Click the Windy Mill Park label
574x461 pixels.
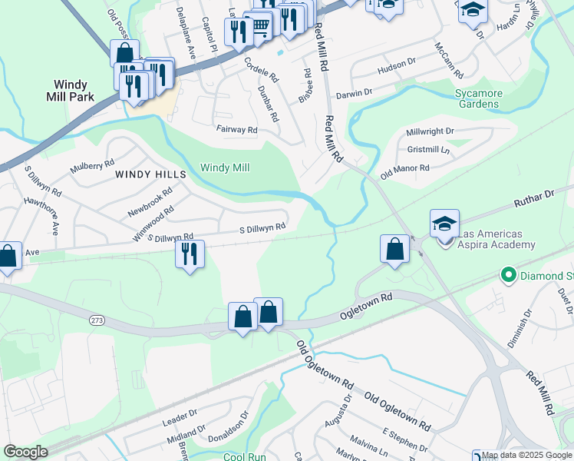point(74,91)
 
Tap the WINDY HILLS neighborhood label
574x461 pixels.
point(151,174)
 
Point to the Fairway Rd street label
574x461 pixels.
point(236,130)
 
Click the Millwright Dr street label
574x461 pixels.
point(430,132)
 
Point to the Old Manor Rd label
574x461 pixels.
point(404,172)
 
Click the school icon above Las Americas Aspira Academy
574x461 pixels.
point(444,223)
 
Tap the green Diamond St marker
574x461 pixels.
point(507,274)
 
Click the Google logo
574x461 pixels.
point(25,452)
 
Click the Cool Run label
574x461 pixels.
point(244,456)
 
